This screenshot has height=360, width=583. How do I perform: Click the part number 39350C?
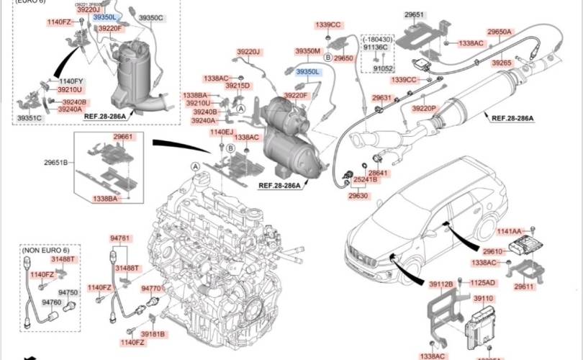click(150, 17)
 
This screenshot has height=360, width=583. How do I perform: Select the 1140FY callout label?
click(71, 81)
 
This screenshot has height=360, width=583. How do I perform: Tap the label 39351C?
click(30, 117)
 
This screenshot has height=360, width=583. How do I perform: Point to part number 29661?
click(123, 136)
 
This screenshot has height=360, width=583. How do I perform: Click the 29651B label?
click(55, 163)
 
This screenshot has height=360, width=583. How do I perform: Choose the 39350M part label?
click(307, 51)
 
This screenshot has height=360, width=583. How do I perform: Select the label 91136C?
click(375, 47)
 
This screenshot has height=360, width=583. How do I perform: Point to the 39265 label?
click(502, 63)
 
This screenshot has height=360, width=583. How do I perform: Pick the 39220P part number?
click(424, 108)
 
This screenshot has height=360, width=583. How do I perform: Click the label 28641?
click(379, 174)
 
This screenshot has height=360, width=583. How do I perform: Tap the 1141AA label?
click(510, 231)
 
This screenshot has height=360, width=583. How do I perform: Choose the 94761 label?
click(120, 238)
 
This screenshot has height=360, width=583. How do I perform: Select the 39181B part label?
click(153, 334)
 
